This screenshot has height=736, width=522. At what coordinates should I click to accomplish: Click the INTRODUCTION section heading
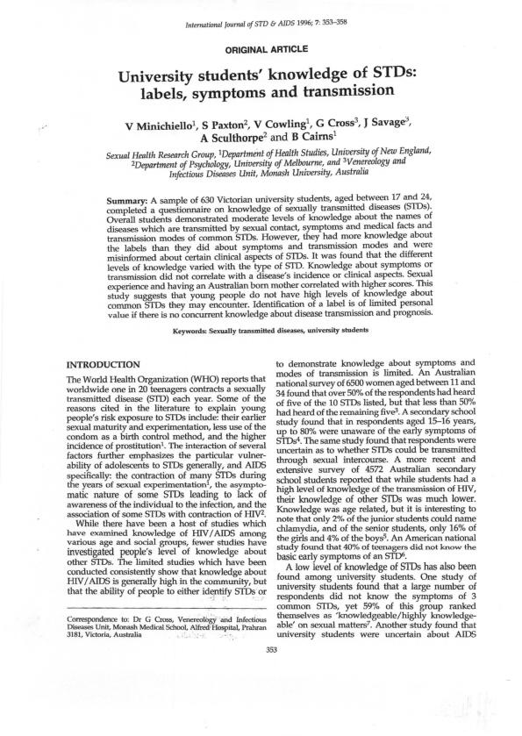[x=109, y=362]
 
